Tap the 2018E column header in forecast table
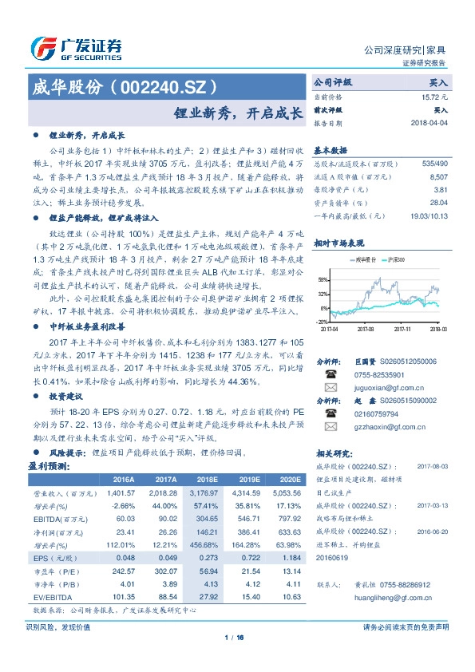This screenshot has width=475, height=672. (x=206, y=479)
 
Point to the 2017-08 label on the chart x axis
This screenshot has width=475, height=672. (x=366, y=327)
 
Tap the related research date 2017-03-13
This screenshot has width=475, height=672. (x=433, y=504)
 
